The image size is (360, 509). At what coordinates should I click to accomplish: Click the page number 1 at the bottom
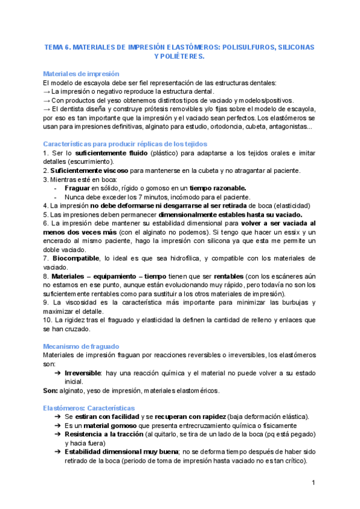tap(313, 483)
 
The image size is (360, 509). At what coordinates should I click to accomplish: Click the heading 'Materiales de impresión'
tap(81, 73)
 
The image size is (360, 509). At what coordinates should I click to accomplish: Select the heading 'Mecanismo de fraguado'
tap(81, 346)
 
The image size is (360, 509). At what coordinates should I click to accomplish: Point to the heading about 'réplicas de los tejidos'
tap(125, 143)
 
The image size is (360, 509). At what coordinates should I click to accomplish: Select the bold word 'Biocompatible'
tap(77, 258)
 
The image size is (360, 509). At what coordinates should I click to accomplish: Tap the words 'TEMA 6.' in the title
tap(59, 46)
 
